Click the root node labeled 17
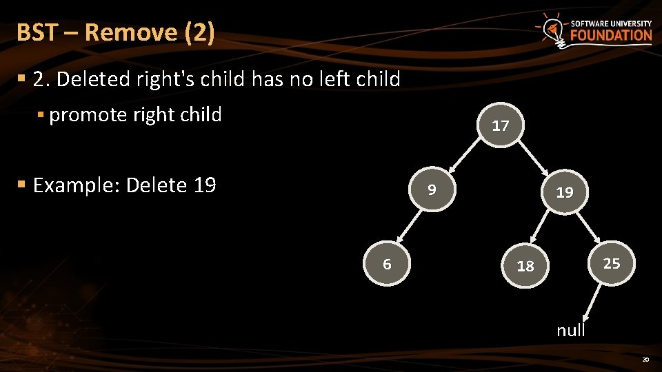[500, 125]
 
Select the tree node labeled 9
[431, 188]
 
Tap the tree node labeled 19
[565, 192]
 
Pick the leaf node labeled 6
[387, 264]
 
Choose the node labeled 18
[525, 265]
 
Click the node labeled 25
[611, 263]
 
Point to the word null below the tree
[571, 330]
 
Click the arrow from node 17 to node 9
[465, 155]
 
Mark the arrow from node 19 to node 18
[545, 228]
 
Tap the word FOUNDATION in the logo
[611, 36]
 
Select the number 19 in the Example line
[203, 185]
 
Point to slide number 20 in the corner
[645, 360]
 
